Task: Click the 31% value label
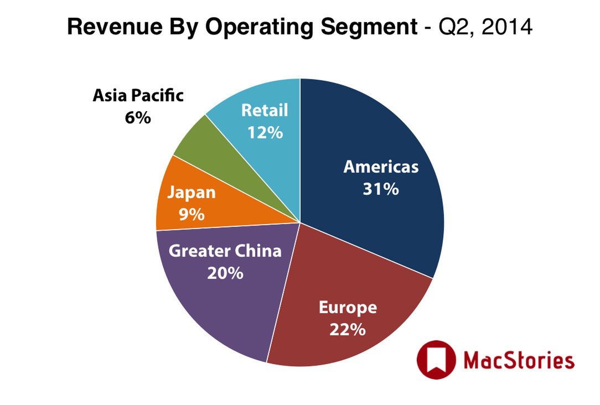point(381,189)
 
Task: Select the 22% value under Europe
point(348,330)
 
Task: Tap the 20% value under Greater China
point(225,273)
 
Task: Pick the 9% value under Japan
point(191,214)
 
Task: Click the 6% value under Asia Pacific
point(138,118)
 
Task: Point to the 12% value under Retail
point(265,133)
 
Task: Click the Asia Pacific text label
point(138,96)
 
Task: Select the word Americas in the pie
point(381,167)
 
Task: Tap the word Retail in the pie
point(265,111)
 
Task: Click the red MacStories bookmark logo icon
point(436,360)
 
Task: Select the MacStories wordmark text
point(519,361)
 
